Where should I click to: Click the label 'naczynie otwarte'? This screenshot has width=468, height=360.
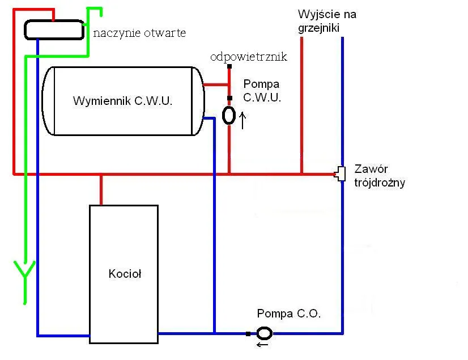tap(139, 33)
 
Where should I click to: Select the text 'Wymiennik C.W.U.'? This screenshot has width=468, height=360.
tap(122, 101)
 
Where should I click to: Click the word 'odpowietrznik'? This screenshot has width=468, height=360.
tap(249, 57)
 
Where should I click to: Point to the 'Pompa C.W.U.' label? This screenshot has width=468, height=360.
tap(262, 90)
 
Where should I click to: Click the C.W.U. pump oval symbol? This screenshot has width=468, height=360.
tap(229, 115)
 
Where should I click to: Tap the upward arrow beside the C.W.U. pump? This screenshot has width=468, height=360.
tap(244, 120)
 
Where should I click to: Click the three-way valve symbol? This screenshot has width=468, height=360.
tap(341, 173)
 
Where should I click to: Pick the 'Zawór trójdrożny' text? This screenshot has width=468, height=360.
tap(379, 176)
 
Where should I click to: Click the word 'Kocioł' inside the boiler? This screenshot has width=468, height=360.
tap(125, 274)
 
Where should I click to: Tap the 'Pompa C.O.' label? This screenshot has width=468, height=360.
tap(288, 314)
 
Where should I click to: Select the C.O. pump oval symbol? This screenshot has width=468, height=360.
tap(265, 333)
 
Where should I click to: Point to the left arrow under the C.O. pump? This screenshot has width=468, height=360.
tap(262, 344)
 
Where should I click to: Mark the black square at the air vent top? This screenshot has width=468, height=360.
tap(229, 66)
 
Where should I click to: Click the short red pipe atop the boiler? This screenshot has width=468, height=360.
tap(101, 189)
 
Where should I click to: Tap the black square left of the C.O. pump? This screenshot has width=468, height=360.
tap(248, 333)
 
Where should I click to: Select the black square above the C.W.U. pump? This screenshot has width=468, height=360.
tap(229, 98)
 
